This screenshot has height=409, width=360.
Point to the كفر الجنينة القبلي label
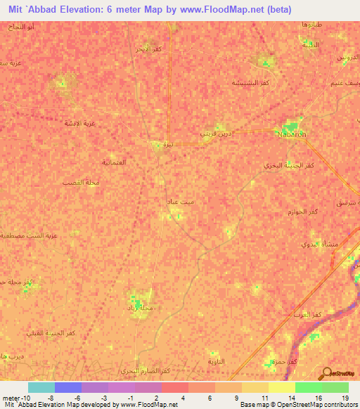[x=51, y=332]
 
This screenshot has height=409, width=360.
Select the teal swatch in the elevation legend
[x=41, y=387]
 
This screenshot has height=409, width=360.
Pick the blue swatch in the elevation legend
[x=67, y=387]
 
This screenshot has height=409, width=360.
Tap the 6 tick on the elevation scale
[x=210, y=398]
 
